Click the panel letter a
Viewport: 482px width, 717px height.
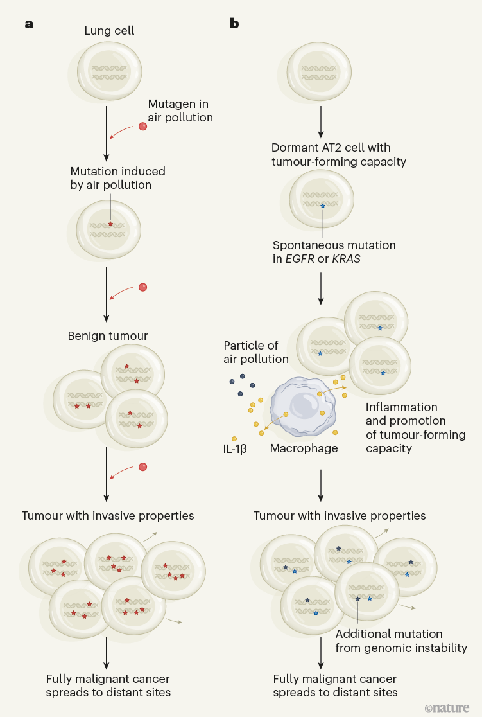(29, 24)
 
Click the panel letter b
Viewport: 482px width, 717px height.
(234, 24)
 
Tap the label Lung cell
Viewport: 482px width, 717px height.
(108, 31)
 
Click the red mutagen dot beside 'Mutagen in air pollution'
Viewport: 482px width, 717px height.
(142, 126)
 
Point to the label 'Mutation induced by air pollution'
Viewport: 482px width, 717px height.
(117, 178)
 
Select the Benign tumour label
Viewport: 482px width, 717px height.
(108, 336)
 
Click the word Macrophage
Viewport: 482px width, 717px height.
(304, 448)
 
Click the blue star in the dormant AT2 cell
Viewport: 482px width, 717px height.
(323, 206)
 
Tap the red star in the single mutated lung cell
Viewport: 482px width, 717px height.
(110, 224)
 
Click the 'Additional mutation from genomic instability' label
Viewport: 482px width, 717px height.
(400, 641)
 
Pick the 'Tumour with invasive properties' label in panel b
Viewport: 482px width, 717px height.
(340, 516)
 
